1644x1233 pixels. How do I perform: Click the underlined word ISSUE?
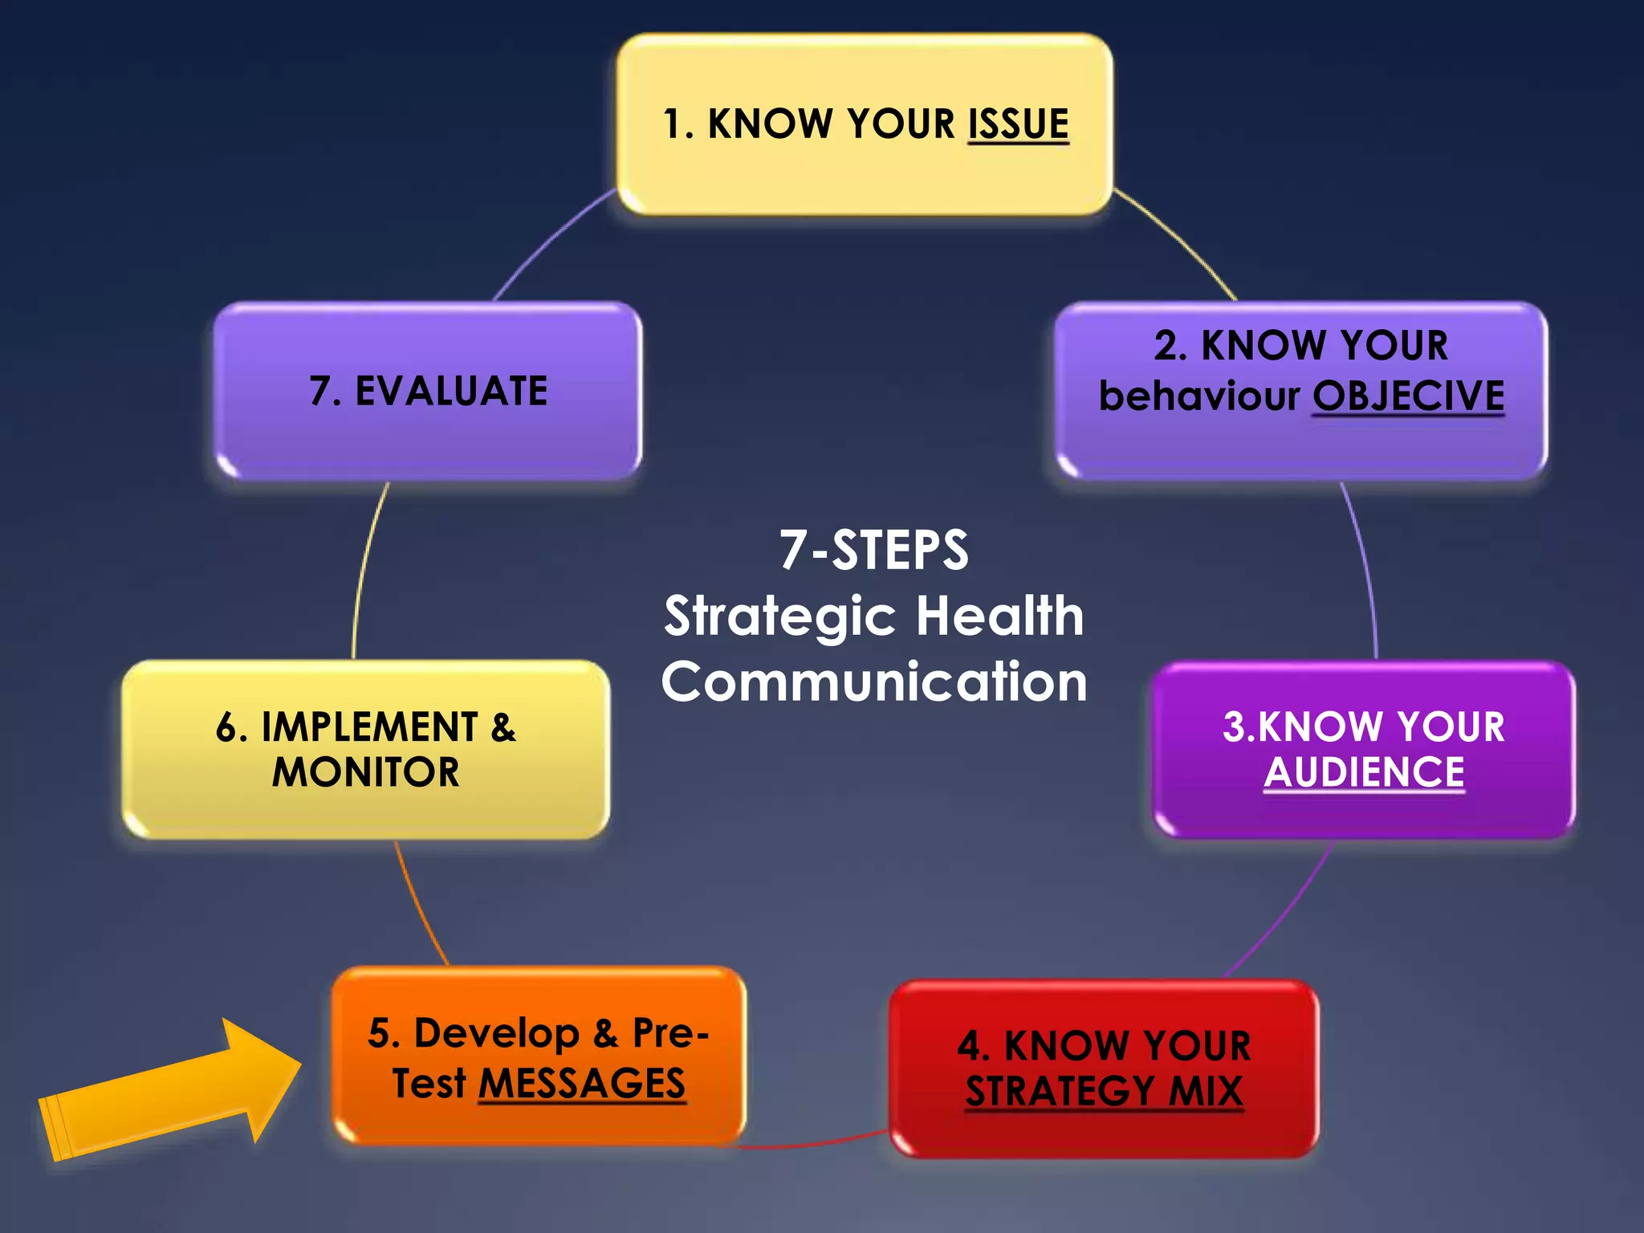tap(1018, 124)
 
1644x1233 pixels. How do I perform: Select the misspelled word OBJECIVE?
tap(1408, 396)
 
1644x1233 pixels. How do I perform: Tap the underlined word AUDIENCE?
tap(1364, 772)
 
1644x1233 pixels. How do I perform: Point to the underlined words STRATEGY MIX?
tap(1104, 1091)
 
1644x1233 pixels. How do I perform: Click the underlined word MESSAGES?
tap(582, 1083)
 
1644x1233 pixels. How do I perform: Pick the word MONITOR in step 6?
tap(366, 772)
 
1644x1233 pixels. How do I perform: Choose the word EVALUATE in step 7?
tap(451, 392)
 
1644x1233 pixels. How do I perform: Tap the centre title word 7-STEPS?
tap(874, 551)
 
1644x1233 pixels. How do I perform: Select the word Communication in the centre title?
tap(874, 682)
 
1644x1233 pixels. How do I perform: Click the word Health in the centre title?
tap(999, 616)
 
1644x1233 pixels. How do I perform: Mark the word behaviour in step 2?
tap(1199, 396)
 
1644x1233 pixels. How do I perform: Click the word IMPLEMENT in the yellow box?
tap(369, 727)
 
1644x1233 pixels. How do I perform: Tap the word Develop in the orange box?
tap(497, 1033)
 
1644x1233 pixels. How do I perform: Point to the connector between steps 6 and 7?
tap(364, 570)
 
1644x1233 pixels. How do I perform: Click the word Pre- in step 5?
tap(670, 1033)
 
